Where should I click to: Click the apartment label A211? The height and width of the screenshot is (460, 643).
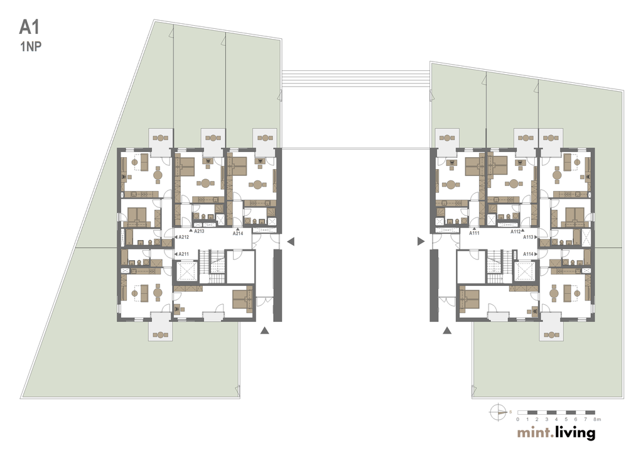(x=184, y=254)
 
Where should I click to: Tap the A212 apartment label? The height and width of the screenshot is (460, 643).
(x=184, y=237)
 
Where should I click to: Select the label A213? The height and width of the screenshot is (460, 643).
(x=199, y=231)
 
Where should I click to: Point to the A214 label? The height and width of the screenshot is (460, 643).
(x=238, y=234)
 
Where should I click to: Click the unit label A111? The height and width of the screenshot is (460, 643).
(x=475, y=233)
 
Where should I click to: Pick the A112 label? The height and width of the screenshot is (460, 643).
(x=516, y=231)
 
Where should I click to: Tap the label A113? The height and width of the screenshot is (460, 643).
(x=528, y=237)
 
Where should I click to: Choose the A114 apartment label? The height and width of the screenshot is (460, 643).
(x=528, y=254)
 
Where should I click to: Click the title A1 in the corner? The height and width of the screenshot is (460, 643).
(x=30, y=28)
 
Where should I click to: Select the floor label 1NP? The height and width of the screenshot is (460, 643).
(x=31, y=47)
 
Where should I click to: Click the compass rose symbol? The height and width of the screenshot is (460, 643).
(x=498, y=412)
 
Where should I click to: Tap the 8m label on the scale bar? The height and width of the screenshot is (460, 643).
(x=597, y=419)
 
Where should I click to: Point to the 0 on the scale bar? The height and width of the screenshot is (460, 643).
(x=517, y=419)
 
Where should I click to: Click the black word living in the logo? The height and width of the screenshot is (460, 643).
(x=575, y=433)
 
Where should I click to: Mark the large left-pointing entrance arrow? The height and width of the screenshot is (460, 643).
(x=291, y=241)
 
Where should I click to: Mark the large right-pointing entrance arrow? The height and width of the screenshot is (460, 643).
(x=421, y=241)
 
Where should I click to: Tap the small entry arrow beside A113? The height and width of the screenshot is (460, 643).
(x=536, y=237)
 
